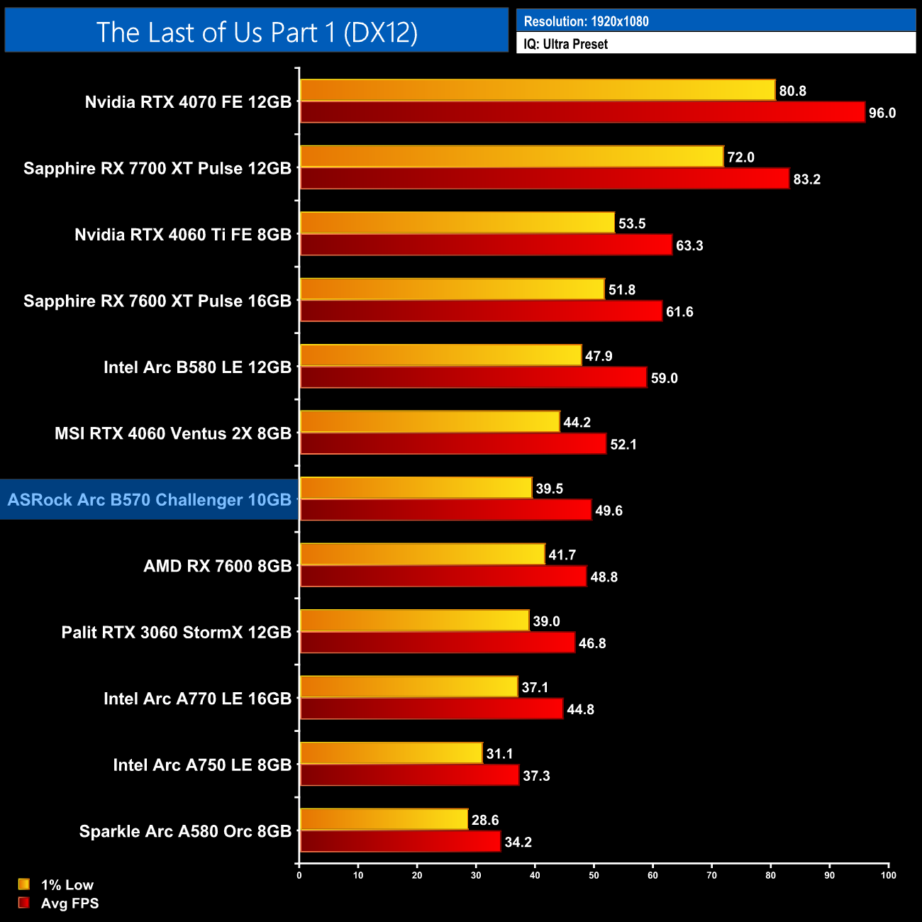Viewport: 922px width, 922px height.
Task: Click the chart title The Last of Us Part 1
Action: pos(257,32)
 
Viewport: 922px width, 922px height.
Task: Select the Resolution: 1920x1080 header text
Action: pos(586,21)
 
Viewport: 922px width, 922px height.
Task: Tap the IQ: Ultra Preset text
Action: pos(565,44)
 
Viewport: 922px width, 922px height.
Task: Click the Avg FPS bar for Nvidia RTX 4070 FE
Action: pos(582,112)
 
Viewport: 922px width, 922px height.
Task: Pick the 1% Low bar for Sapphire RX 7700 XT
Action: pos(511,157)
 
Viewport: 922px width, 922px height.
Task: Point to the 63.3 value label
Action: pos(689,245)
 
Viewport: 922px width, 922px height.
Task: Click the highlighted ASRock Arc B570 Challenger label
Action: pos(150,499)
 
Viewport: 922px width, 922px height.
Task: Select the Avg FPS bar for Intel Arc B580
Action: pos(474,377)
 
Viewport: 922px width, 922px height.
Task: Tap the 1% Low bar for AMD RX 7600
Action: pos(423,554)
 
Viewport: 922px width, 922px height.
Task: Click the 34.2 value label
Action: pos(518,842)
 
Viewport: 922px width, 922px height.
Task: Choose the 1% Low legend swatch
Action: pos(24,884)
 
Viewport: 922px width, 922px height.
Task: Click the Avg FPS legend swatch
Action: pos(24,903)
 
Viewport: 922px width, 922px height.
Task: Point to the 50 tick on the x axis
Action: pos(594,874)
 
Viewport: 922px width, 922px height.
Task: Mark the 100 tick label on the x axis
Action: pos(888,874)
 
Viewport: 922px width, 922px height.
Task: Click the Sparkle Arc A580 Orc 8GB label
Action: pos(185,831)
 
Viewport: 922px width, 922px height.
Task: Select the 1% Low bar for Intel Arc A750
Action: pos(391,753)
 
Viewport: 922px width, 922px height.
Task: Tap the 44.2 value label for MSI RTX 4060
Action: pos(577,423)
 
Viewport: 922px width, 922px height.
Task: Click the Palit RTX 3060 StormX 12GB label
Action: pos(177,632)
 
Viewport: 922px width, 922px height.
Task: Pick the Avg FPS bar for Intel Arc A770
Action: pos(432,709)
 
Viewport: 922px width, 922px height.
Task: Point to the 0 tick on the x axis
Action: pos(299,874)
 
